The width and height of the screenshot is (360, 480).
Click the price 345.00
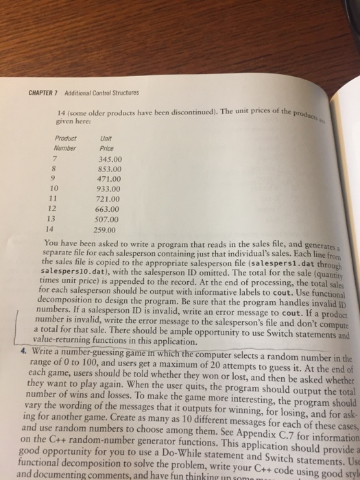110,158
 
